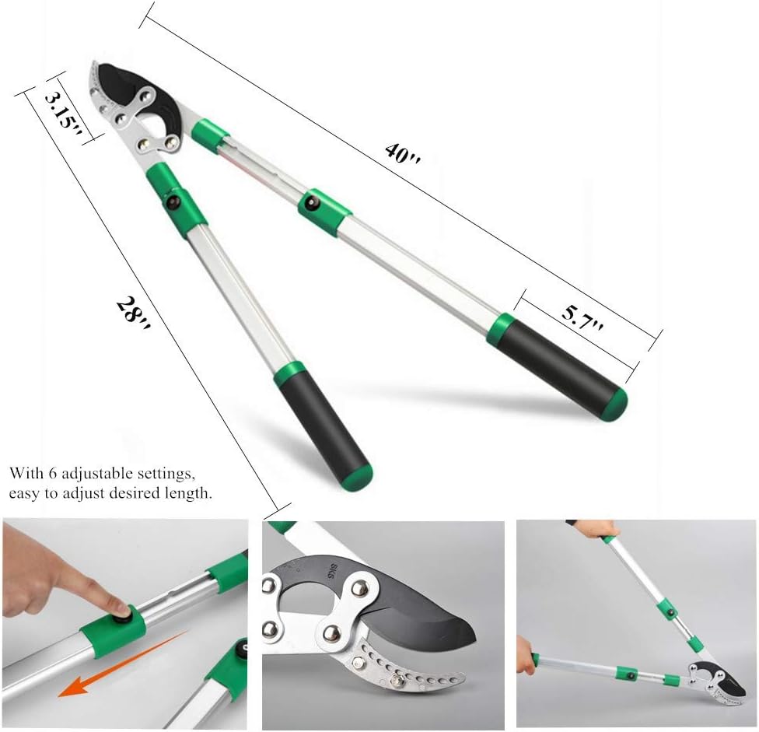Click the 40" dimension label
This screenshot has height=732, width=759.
[403, 152]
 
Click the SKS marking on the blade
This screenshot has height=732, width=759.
[314, 570]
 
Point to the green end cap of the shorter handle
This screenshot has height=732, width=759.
[357, 475]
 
